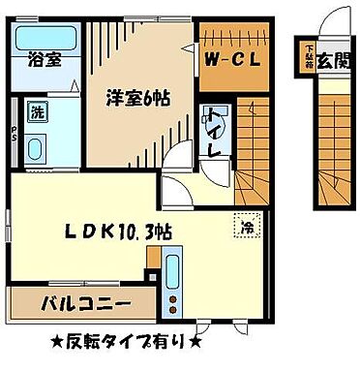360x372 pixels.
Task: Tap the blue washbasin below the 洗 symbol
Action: [38, 149]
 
